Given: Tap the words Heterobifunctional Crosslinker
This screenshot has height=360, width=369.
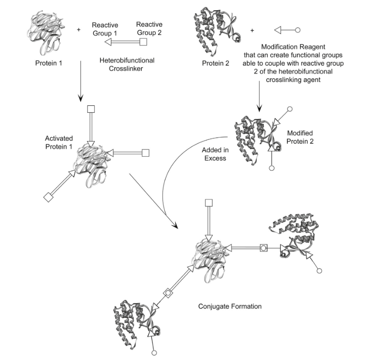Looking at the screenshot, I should click(x=127, y=64).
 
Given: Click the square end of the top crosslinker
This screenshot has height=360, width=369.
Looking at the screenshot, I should click(x=144, y=42).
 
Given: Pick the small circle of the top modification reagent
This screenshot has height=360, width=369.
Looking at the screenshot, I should click(x=298, y=30).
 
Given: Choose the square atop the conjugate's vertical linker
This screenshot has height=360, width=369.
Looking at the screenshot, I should click(x=209, y=202).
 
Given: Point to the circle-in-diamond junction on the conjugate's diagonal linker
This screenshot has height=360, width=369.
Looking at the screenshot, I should click(x=168, y=293).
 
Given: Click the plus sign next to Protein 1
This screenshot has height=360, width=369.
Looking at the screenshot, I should click(x=78, y=30).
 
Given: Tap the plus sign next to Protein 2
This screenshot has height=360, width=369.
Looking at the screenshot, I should click(x=252, y=30).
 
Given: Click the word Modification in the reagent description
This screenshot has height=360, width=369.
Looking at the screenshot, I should click(x=280, y=47).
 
